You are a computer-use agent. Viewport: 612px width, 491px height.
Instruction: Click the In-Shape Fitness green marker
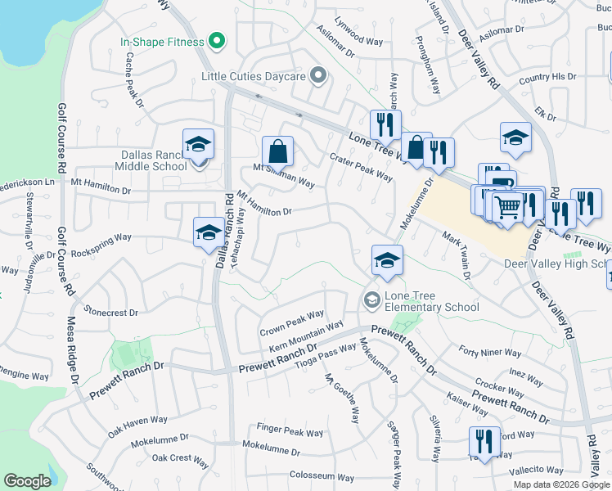point(217,39)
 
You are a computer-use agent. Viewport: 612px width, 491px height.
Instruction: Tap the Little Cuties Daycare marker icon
point(319,77)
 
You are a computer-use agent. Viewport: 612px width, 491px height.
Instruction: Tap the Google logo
point(27,481)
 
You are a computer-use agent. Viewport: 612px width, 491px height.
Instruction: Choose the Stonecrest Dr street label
point(111,312)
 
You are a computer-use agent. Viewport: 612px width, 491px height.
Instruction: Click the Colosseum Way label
point(322,477)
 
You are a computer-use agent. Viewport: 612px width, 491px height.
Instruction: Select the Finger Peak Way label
point(290,431)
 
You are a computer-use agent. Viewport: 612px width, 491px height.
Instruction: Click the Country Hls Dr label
point(547,77)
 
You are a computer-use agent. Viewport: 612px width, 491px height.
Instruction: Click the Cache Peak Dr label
point(133,80)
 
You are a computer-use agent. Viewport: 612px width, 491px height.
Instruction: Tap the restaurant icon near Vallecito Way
point(484,441)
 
